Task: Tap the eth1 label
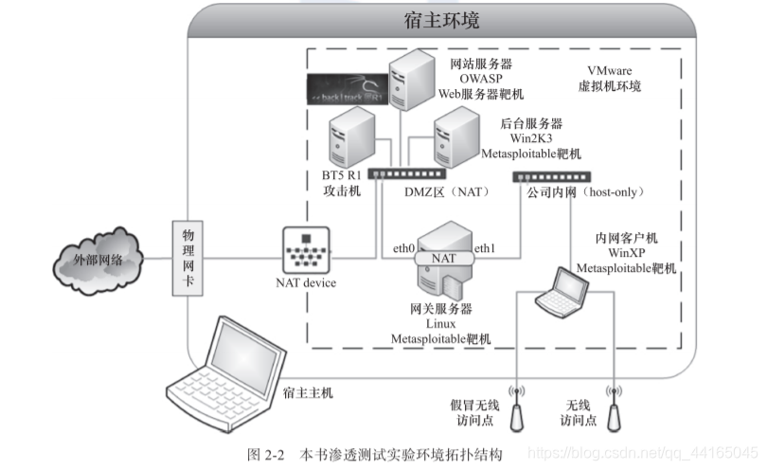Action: click(x=485, y=248)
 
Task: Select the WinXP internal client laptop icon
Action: click(x=561, y=292)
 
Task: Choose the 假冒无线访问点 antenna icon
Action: click(x=518, y=407)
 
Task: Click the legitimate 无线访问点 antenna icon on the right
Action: click(x=615, y=407)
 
